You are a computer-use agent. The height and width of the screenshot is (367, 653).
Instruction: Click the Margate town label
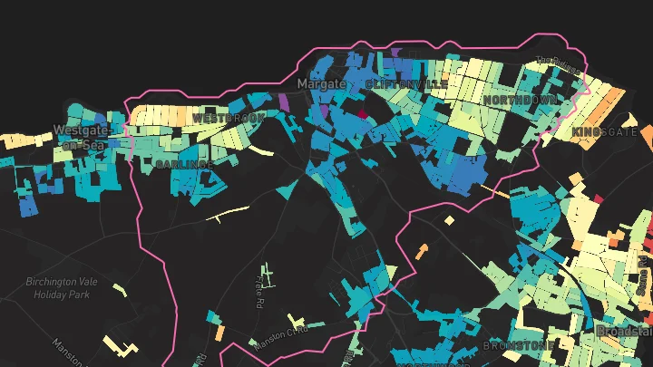point(322,83)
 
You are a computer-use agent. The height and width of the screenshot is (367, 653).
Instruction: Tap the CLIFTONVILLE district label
point(406,83)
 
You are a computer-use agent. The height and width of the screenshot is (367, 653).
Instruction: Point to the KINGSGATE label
point(605,132)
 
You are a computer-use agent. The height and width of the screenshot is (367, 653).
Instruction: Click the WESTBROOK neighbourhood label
point(228,119)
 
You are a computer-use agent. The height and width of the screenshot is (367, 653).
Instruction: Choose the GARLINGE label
point(184,164)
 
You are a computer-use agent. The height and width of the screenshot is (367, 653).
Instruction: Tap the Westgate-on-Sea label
point(80,137)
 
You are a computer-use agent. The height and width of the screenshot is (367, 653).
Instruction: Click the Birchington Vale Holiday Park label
point(59,287)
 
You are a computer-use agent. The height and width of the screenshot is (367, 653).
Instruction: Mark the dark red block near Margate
point(362,115)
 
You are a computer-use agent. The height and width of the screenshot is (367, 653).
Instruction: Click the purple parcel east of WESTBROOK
point(284,101)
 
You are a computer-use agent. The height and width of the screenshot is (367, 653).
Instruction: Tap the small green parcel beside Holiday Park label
point(120,289)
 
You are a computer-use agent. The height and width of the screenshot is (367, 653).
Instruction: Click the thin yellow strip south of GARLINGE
point(227,214)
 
